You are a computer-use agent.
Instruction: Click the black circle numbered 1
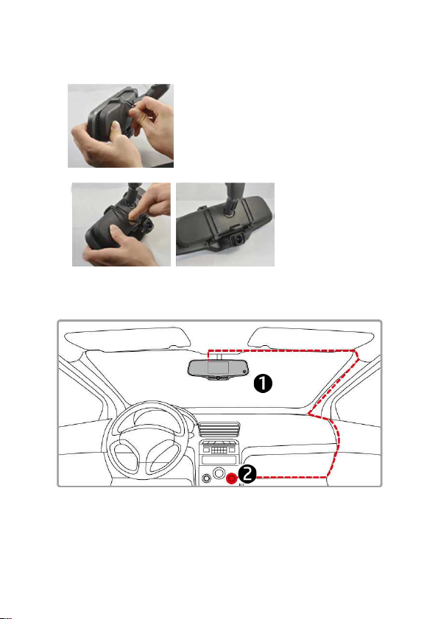(x=263, y=383)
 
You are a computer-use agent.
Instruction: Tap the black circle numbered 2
(x=247, y=474)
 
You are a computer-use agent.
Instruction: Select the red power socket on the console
(x=231, y=478)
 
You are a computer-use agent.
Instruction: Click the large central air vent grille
(x=219, y=430)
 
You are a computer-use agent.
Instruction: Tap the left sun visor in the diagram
(x=127, y=339)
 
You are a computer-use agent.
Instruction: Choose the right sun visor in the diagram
(x=312, y=338)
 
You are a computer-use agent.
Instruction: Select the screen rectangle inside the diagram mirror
(x=219, y=367)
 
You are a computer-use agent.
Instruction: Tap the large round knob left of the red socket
(x=218, y=473)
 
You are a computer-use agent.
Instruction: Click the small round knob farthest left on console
(x=206, y=479)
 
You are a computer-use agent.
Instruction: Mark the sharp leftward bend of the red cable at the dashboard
(x=309, y=414)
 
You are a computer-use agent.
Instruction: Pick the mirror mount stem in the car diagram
(x=219, y=355)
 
